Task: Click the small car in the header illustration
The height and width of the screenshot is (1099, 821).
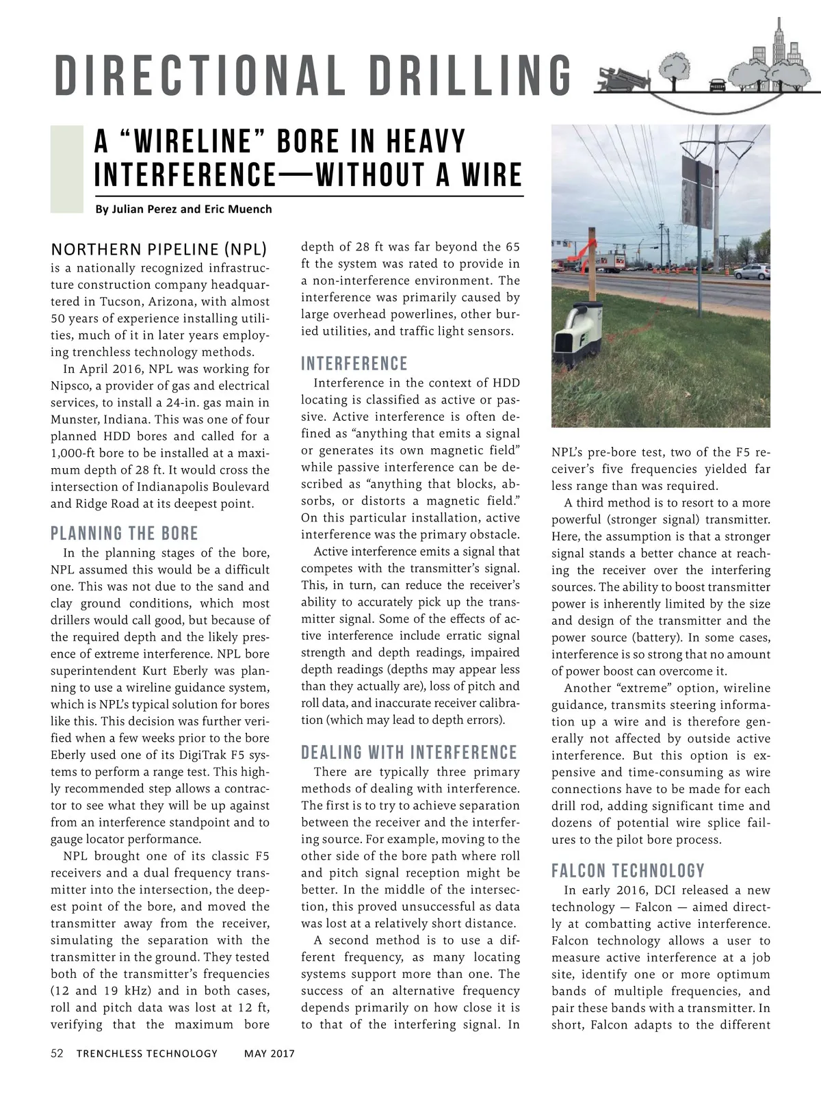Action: coord(717,85)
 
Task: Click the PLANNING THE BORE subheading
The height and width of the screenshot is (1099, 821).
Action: coord(124,533)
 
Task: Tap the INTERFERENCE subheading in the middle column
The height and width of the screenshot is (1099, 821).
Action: coord(354,363)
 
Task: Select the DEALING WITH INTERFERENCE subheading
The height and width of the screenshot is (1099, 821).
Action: coord(408,753)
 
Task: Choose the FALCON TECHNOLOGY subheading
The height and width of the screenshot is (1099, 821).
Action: coord(627,870)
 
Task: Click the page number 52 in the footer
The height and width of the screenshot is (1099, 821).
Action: coord(57,1053)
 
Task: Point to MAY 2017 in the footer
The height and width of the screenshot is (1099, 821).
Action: coord(269,1053)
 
